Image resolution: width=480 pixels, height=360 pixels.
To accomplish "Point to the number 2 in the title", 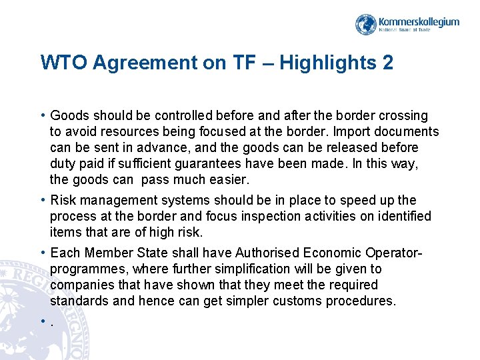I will [387, 63].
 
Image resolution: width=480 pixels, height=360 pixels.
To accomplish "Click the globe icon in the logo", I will [366, 25].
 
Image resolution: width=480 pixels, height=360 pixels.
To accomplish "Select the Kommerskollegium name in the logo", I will [419, 21].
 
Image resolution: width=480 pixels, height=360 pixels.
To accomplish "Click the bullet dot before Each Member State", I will [43, 253].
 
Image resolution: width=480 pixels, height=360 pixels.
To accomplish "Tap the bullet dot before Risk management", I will [43, 200].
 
